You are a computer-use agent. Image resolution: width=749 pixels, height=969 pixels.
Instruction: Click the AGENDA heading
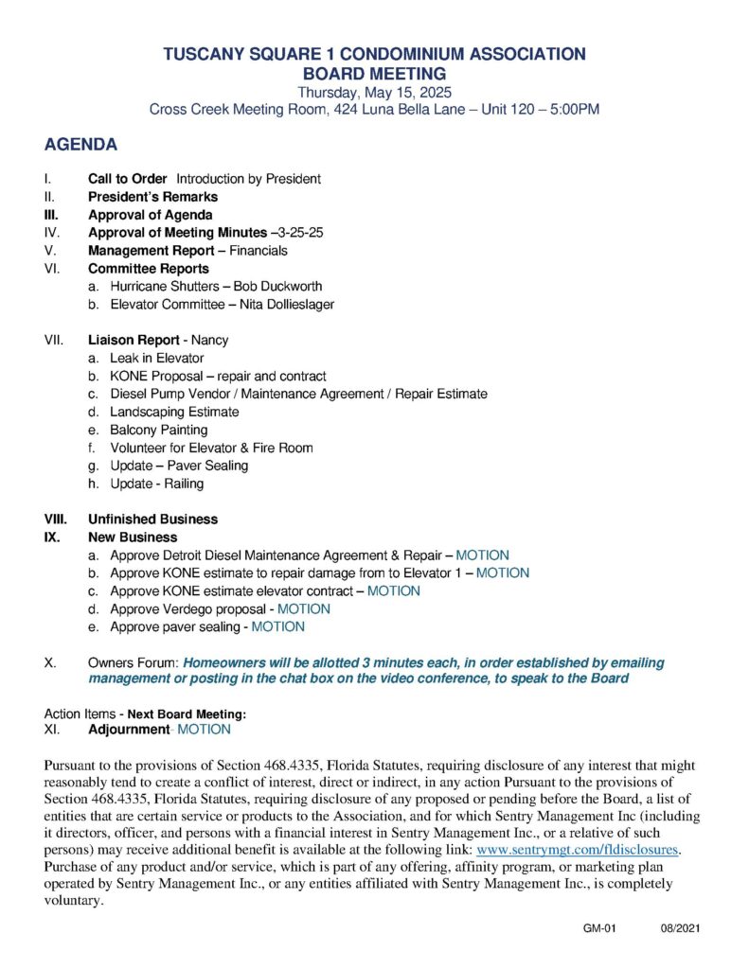click(80, 145)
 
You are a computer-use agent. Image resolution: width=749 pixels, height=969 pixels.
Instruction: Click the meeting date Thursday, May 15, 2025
click(374, 92)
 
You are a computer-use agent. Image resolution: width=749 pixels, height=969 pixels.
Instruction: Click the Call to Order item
click(128, 178)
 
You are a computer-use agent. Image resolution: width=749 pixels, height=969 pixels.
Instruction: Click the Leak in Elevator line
click(156, 359)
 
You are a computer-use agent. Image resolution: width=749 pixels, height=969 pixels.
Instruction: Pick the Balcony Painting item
click(158, 430)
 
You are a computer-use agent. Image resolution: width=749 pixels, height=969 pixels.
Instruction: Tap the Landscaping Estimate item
click(174, 412)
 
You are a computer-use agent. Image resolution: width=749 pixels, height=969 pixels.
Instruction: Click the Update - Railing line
click(156, 484)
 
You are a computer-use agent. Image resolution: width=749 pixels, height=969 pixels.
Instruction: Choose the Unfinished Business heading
click(152, 520)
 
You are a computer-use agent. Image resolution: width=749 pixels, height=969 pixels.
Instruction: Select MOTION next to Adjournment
click(204, 730)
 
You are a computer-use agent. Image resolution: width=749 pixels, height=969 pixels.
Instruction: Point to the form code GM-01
click(599, 929)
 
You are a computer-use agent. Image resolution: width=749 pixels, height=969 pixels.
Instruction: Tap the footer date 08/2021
click(680, 929)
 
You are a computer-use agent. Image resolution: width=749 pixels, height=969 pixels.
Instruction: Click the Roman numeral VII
click(53, 340)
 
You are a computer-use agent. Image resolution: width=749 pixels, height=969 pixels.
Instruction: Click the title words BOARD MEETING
click(374, 73)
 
